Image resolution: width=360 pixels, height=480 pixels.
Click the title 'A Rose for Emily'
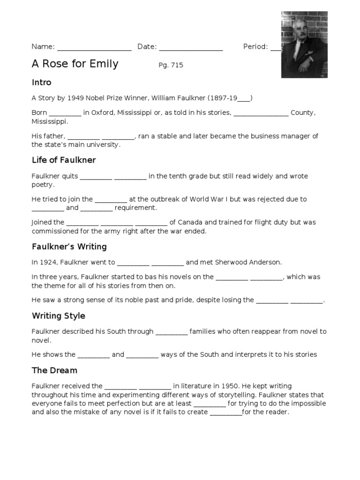[75, 64]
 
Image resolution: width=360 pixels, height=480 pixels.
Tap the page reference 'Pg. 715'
[171, 65]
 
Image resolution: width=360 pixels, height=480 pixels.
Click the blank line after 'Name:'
[94, 47]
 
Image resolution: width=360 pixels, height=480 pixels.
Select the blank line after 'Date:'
[191, 47]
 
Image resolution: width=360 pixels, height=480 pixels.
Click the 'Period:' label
[255, 46]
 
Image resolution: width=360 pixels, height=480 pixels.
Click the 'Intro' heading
[41, 82]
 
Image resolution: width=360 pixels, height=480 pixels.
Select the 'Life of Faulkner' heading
[64, 160]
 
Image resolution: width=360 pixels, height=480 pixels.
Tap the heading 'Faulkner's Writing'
[69, 247]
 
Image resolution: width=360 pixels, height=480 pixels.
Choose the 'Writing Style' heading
[59, 315]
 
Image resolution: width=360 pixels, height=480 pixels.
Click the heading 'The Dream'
[54, 370]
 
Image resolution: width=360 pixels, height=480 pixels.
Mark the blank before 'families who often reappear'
[172, 332]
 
